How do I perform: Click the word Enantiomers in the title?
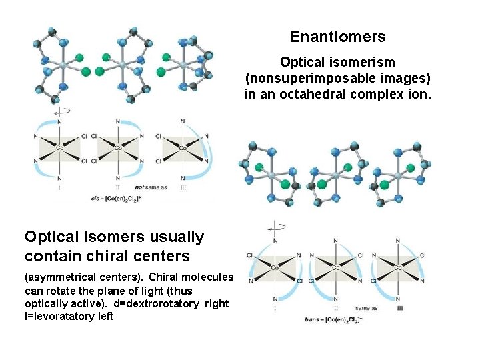[337, 37]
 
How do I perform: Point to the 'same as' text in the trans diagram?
[367, 308]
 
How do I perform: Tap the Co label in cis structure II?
[118, 148]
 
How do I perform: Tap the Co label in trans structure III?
[397, 268]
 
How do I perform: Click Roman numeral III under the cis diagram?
[182, 187]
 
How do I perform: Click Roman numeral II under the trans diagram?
[335, 307]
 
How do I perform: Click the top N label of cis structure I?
[59, 121]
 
